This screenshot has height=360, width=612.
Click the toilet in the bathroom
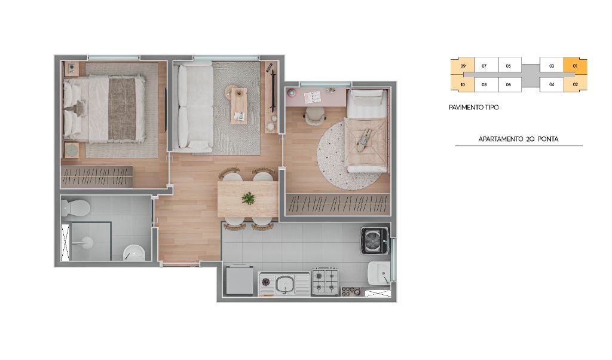pyautogui.click(x=75, y=208)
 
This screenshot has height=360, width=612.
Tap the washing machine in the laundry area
pyautogui.click(x=375, y=240)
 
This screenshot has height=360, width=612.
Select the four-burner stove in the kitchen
pyautogui.click(x=325, y=282)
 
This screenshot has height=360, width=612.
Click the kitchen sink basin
pyautogui.click(x=286, y=284)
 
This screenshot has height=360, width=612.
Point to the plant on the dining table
pyautogui.click(x=248, y=198)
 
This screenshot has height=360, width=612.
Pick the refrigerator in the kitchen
pyautogui.click(x=240, y=279)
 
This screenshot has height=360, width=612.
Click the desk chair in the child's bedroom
pyautogui.click(x=315, y=116)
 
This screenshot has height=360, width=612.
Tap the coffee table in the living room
pyautogui.click(x=238, y=105)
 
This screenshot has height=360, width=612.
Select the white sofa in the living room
pyautogui.click(x=194, y=107)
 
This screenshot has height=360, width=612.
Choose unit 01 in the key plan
pyautogui.click(x=575, y=66)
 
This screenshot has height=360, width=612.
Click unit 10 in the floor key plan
pyautogui.click(x=463, y=84)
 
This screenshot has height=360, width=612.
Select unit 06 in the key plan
pyautogui.click(x=509, y=84)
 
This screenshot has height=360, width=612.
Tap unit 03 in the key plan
pyautogui.click(x=552, y=66)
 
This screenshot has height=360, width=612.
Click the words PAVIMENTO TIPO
pyautogui.click(x=473, y=107)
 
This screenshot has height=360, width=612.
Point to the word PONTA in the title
pyautogui.click(x=548, y=139)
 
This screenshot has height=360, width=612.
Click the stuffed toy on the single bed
pyautogui.click(x=364, y=139)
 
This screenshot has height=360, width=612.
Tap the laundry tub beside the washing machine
pyautogui.click(x=378, y=273)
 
